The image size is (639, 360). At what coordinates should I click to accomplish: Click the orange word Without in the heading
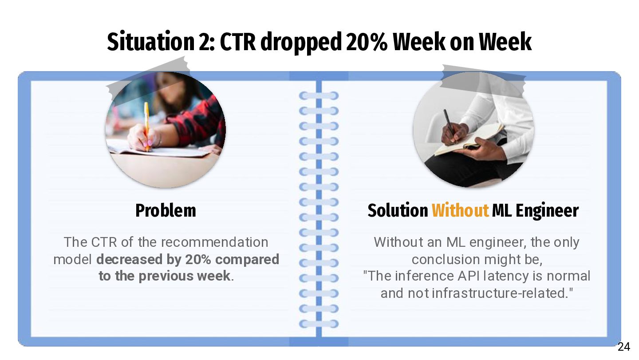pos(460,210)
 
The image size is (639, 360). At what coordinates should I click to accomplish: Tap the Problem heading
pos(166,210)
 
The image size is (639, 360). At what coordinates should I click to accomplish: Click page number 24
pos(623,347)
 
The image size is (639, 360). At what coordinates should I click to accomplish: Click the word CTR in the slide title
pos(238,42)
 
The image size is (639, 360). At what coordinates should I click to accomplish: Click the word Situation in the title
pos(150,42)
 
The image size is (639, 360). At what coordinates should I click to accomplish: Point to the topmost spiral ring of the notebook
pos(319,95)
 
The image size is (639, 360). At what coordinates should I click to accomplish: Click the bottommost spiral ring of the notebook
pos(319,324)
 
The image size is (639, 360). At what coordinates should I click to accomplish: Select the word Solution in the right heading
pos(398,210)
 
